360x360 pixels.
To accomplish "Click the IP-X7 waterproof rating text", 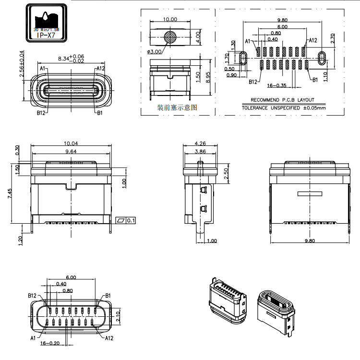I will pyautogui.click(x=46, y=35).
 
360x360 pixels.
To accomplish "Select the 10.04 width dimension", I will pyautogui.click(x=71, y=143).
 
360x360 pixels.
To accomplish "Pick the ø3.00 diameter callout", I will pyautogui.click(x=154, y=52).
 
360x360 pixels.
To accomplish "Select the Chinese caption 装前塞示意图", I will pyautogui.click(x=177, y=108).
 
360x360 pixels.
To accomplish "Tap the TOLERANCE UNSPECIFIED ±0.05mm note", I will pyautogui.click(x=283, y=108).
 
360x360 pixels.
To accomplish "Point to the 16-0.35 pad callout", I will pyautogui.click(x=276, y=85).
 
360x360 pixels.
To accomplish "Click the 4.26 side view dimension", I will pyautogui.click(x=200, y=143).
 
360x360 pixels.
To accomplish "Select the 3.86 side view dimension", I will pyautogui.click(x=200, y=151).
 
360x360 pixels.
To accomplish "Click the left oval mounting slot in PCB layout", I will pyautogui.click(x=243, y=58).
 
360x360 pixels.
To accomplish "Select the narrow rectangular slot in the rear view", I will pyautogui.click(x=312, y=194).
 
